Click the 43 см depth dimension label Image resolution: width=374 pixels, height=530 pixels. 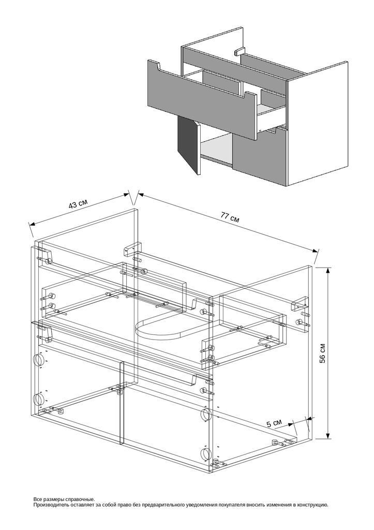click(x=78, y=204)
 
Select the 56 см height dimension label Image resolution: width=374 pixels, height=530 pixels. click(x=323, y=353)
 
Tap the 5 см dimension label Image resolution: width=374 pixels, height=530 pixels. click(x=274, y=423)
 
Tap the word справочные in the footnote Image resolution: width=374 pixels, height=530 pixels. click(x=81, y=499)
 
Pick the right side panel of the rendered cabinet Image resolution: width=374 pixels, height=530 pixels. click(x=317, y=124)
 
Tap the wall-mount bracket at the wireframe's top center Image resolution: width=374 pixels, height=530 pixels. click(x=132, y=248)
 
